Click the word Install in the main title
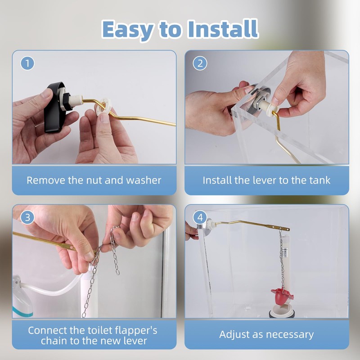pyautogui.click(x=223, y=29)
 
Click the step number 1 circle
pyautogui.click(x=27, y=63)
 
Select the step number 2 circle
pyautogui.click(x=200, y=63)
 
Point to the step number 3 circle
pyautogui.click(x=27, y=217)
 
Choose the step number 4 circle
pyautogui.click(x=200, y=217)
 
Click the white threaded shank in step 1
pyautogui.click(x=75, y=100)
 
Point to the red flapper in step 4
pyautogui.click(x=282, y=296)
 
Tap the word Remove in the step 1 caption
pyautogui.click(x=46, y=180)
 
